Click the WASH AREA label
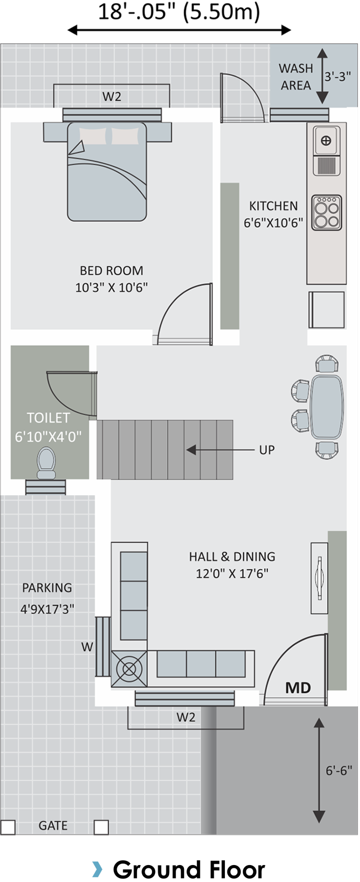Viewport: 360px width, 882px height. coord(296,77)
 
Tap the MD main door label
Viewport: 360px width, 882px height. coord(298,688)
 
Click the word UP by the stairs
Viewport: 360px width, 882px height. coord(267,450)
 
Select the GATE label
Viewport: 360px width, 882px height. coord(53,826)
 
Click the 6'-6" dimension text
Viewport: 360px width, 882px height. coord(339,770)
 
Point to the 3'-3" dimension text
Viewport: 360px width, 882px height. coord(338,76)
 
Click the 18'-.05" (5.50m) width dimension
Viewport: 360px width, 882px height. coord(179,12)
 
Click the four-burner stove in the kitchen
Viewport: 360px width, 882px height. coord(327,213)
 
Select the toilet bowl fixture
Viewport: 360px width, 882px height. coord(46,463)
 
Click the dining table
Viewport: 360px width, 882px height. coord(327,406)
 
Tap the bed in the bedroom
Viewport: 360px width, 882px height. coord(107,171)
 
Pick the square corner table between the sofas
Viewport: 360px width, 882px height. coord(129,669)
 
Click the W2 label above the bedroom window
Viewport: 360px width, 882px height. coord(112,97)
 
